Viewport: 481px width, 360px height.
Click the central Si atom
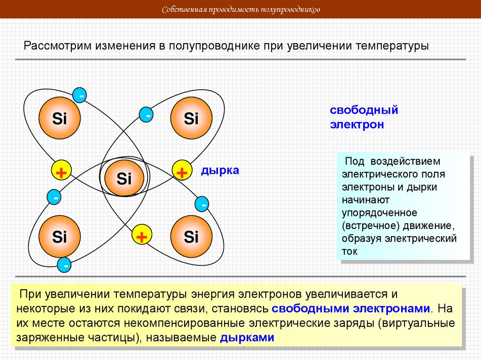pyautogui.click(x=124, y=178)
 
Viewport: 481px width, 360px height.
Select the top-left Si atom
pyautogui.click(x=60, y=119)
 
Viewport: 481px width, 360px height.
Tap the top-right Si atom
pyautogui.click(x=191, y=119)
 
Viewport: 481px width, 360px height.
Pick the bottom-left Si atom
pyautogui.click(x=60, y=237)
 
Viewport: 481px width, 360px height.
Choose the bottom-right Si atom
pyautogui.click(x=191, y=237)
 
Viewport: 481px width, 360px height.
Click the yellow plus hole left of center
pyautogui.click(x=61, y=172)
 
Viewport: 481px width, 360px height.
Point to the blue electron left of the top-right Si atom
pyautogui.click(x=147, y=115)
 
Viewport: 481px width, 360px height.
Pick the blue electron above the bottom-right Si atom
pyautogui.click(x=203, y=205)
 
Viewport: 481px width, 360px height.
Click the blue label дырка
pyautogui.click(x=220, y=170)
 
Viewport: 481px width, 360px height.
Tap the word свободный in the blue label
pyautogui.click(x=364, y=110)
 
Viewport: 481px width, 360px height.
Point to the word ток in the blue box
pyautogui.click(x=350, y=251)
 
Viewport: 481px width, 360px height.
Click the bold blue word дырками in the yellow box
pyautogui.click(x=247, y=338)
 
